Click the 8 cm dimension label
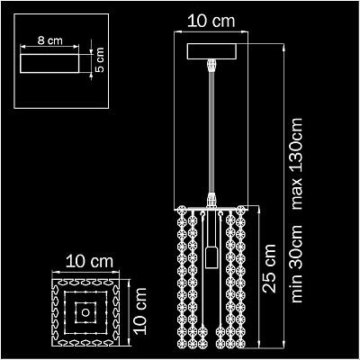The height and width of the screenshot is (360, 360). (x=49, y=40)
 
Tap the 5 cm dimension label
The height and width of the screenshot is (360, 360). (x=99, y=59)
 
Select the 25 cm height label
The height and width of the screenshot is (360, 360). (x=269, y=268)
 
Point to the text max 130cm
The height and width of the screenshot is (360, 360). (x=297, y=164)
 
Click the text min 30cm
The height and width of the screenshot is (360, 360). (x=297, y=264)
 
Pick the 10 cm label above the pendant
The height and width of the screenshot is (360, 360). (x=211, y=21)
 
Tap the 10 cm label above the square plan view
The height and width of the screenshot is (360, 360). (x=90, y=262)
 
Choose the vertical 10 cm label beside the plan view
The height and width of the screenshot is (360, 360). (x=139, y=311)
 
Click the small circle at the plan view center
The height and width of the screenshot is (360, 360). (x=85, y=312)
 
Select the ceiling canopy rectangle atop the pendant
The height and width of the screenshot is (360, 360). (x=211, y=51)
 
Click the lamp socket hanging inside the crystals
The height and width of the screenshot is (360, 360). (x=211, y=257)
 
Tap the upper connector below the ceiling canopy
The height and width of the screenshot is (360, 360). (x=211, y=66)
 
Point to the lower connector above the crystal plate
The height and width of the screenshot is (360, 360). (x=211, y=200)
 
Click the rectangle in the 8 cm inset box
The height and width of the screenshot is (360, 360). (x=49, y=63)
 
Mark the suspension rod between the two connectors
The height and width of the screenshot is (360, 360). (x=211, y=133)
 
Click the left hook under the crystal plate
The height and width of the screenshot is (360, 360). (x=202, y=214)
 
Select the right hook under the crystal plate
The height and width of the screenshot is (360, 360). (x=221, y=214)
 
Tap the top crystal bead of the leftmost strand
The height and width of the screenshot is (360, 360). (x=182, y=211)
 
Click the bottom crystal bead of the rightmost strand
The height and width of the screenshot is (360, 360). (x=240, y=344)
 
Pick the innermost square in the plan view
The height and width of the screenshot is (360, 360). (x=85, y=312)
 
